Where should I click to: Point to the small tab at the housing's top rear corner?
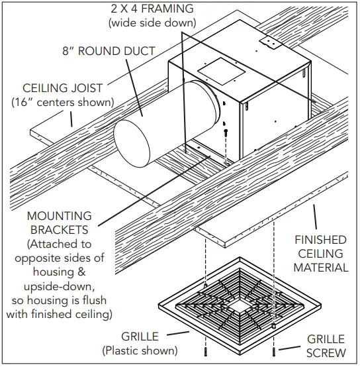tap(269, 42)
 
